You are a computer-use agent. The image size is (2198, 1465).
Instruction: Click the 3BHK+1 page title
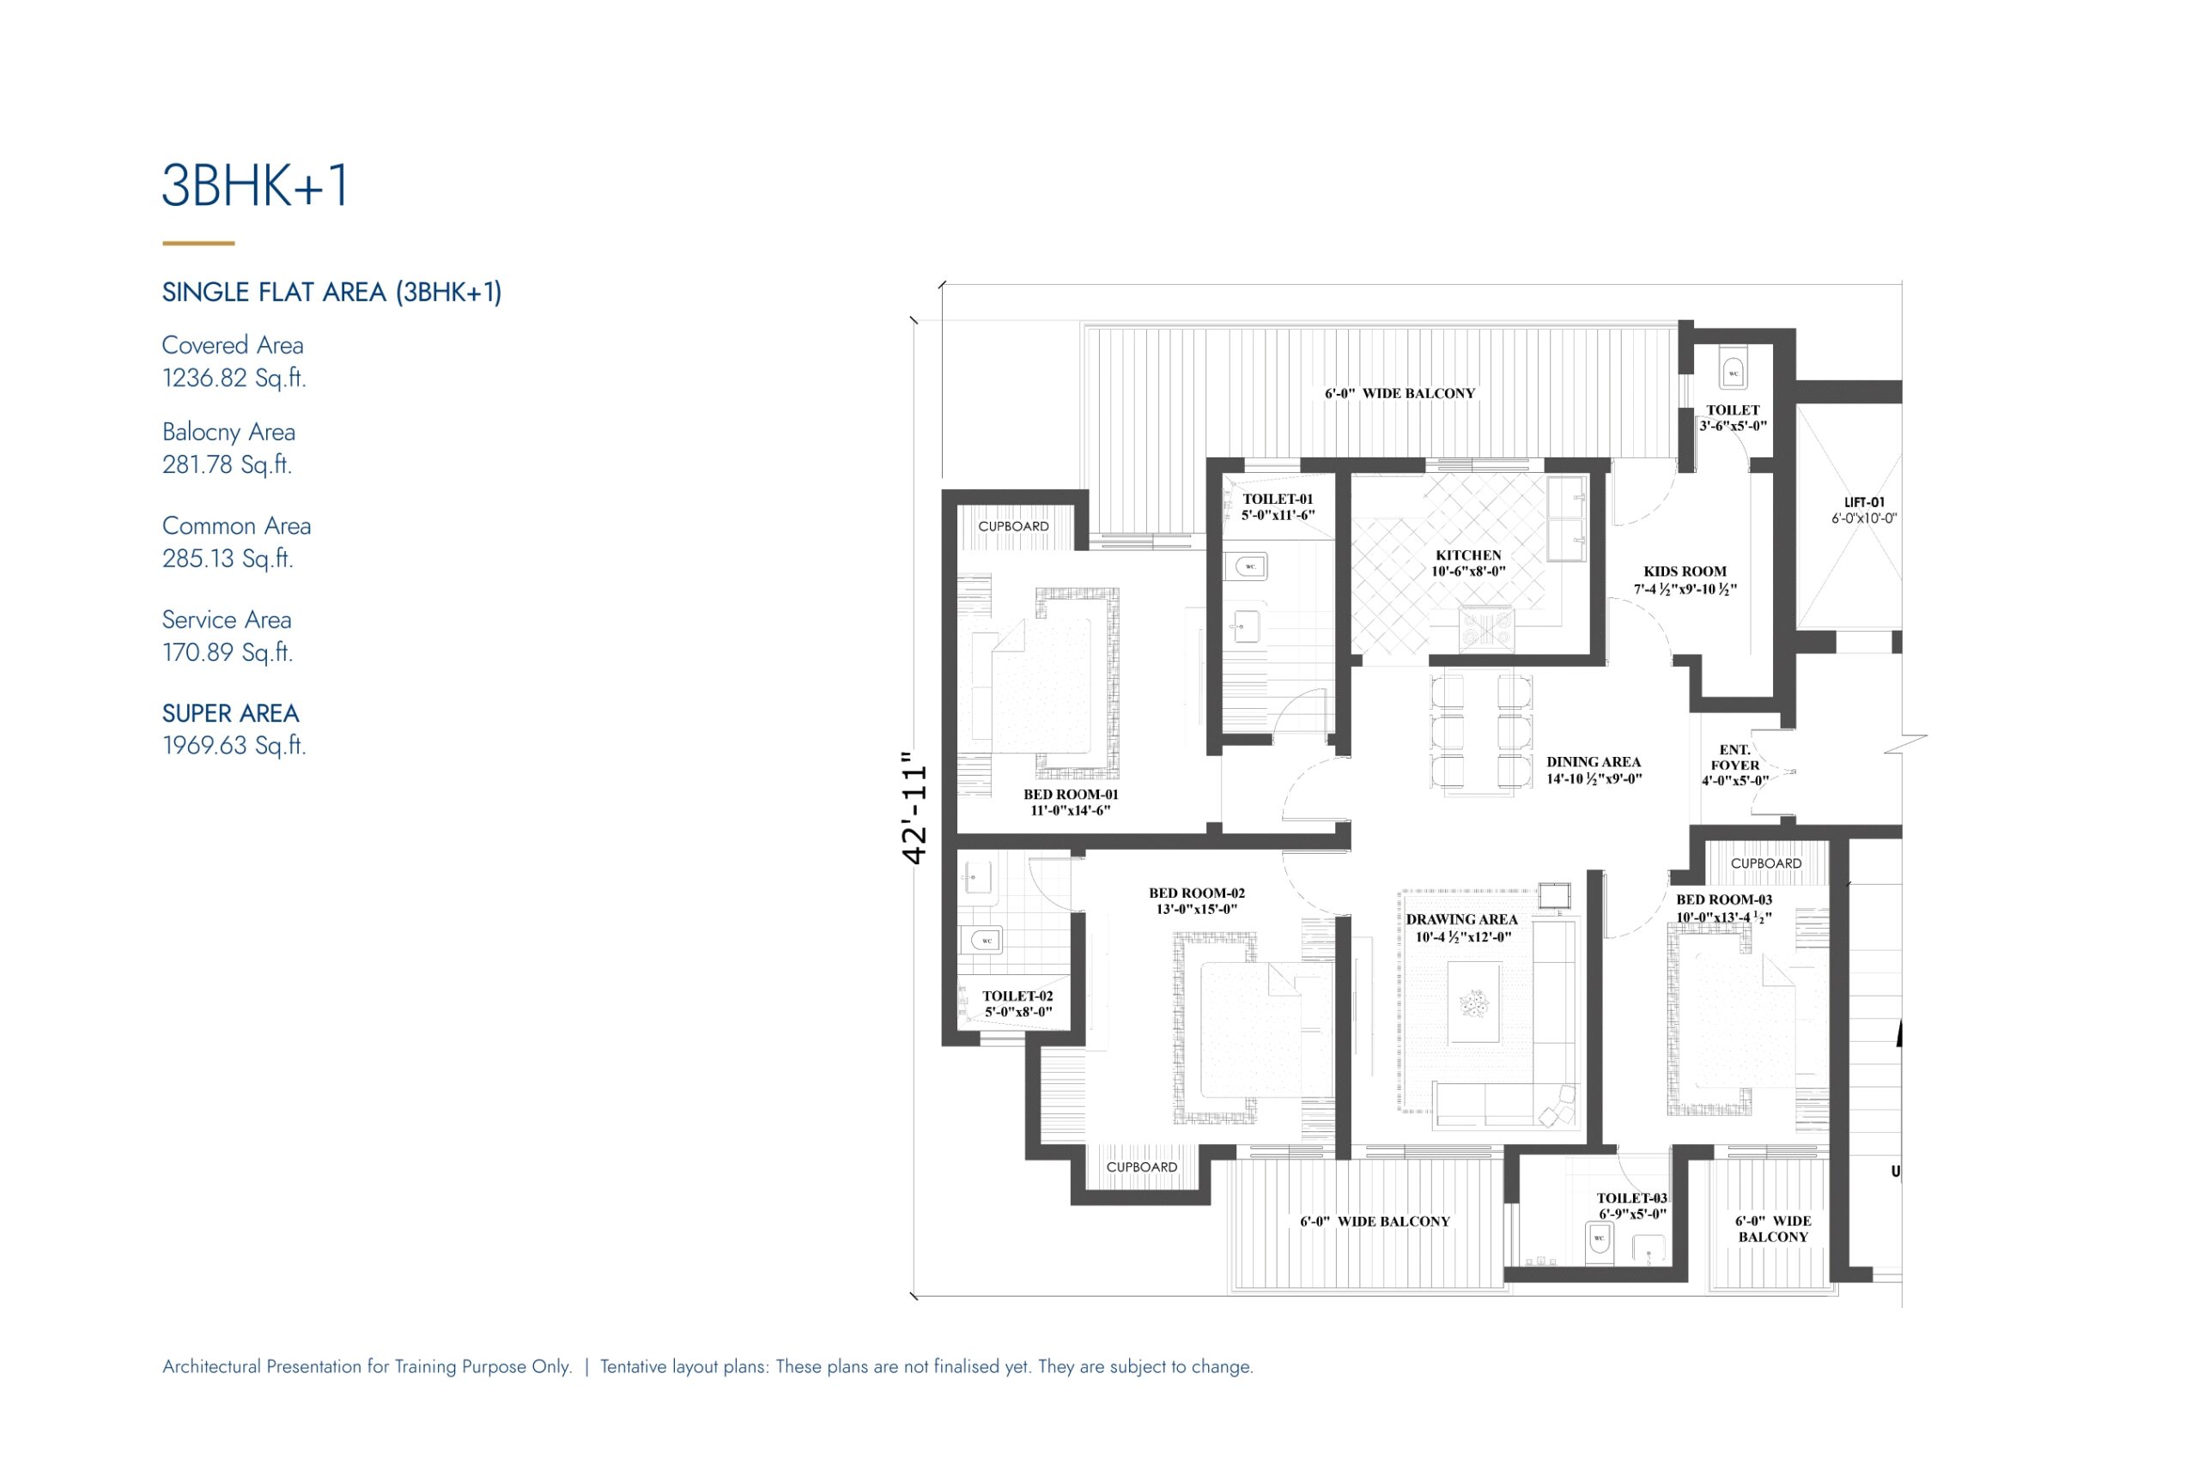(255, 185)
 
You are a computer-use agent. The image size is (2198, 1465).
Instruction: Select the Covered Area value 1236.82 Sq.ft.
(234, 378)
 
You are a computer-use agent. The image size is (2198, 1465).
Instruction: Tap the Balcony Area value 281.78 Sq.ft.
(227, 464)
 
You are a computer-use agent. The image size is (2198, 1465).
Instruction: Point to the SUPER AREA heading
(231, 713)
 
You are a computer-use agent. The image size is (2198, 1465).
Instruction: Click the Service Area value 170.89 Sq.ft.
(227, 652)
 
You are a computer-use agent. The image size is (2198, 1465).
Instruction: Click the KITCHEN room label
(1468, 555)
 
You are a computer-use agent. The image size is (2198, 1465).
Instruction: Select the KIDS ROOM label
(1685, 572)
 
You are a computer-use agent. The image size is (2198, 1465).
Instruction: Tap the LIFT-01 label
(1864, 503)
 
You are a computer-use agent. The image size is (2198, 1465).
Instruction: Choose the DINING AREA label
(1594, 762)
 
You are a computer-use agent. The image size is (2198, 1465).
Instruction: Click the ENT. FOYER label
(1734, 757)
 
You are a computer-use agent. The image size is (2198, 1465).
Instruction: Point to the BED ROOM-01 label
(1070, 794)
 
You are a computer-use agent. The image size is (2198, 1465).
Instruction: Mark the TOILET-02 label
(1017, 996)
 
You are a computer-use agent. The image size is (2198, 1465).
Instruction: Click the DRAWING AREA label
(1461, 919)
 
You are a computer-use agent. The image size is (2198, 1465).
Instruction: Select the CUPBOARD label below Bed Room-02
(1141, 1167)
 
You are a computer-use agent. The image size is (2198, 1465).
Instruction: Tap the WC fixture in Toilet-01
(1249, 566)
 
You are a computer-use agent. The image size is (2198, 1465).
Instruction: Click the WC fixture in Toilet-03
(1599, 1241)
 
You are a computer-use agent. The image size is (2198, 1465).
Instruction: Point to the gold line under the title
(198, 243)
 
